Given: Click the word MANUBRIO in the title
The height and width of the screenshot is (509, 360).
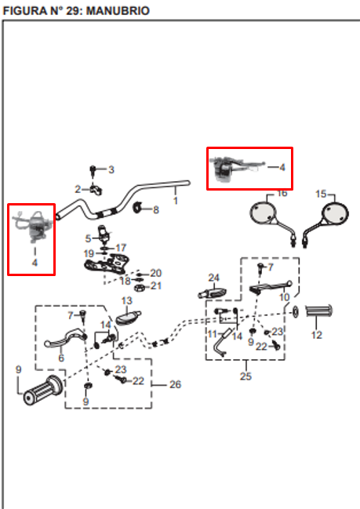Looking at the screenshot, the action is click(x=118, y=11).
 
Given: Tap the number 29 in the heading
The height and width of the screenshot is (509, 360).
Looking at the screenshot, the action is click(x=74, y=11).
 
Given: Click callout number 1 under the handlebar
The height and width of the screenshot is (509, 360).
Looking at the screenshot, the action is click(x=175, y=201).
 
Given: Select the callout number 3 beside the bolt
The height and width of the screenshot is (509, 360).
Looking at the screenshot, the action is click(x=111, y=169).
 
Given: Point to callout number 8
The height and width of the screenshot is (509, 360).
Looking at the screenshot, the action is click(x=156, y=210).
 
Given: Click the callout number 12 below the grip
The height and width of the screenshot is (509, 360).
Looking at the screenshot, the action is click(x=317, y=335).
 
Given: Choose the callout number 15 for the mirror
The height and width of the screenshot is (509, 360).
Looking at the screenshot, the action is click(x=321, y=194).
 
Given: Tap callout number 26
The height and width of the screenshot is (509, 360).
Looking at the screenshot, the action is click(x=175, y=384).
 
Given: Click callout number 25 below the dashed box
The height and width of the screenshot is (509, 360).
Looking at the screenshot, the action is click(x=245, y=376).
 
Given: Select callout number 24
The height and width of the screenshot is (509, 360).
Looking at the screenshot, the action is click(x=213, y=278).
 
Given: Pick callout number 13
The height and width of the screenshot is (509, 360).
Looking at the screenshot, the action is click(x=126, y=300).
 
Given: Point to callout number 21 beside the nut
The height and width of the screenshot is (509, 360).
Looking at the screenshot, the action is click(x=156, y=285).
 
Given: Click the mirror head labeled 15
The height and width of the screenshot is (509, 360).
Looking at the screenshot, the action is click(x=334, y=213).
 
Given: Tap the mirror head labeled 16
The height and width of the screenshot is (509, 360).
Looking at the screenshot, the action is click(x=263, y=213).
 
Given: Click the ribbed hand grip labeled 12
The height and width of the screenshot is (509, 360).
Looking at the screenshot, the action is click(x=319, y=311).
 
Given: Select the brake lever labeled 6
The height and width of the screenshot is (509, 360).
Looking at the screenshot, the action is click(x=62, y=340).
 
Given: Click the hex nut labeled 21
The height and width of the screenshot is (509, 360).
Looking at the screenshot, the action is click(x=140, y=288).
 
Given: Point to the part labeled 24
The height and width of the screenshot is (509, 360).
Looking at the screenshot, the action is click(x=213, y=293).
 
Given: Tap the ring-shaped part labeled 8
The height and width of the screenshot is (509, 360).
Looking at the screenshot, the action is click(x=138, y=208).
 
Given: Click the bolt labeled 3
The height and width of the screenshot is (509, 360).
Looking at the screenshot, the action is click(x=93, y=170).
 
